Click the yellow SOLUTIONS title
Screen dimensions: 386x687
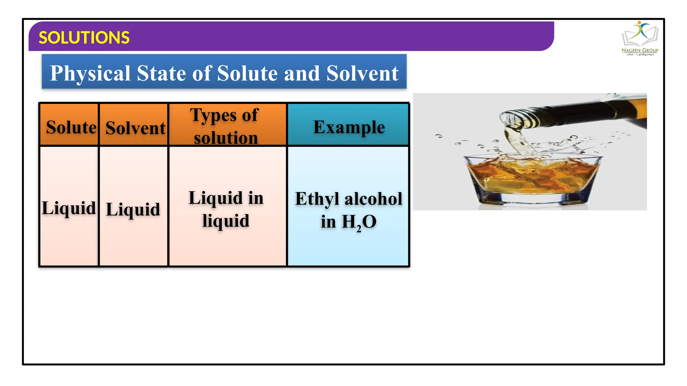pyautogui.click(x=84, y=38)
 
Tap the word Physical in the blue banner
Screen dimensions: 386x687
pyautogui.click(x=90, y=73)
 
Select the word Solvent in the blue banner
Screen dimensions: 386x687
pyautogui.click(x=362, y=73)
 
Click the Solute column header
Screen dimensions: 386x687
pyautogui.click(x=71, y=127)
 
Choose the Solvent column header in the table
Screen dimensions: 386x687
pyautogui.click(x=135, y=128)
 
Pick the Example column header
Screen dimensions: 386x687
pyautogui.click(x=349, y=127)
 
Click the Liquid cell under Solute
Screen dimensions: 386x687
pyautogui.click(x=69, y=208)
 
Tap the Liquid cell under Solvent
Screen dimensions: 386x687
pyautogui.click(x=133, y=209)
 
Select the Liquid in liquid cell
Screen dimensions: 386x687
pyautogui.click(x=226, y=209)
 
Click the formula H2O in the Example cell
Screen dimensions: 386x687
pyautogui.click(x=359, y=222)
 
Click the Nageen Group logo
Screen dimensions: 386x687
pyautogui.click(x=640, y=39)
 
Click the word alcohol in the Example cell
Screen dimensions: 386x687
pyautogui.click(x=373, y=199)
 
